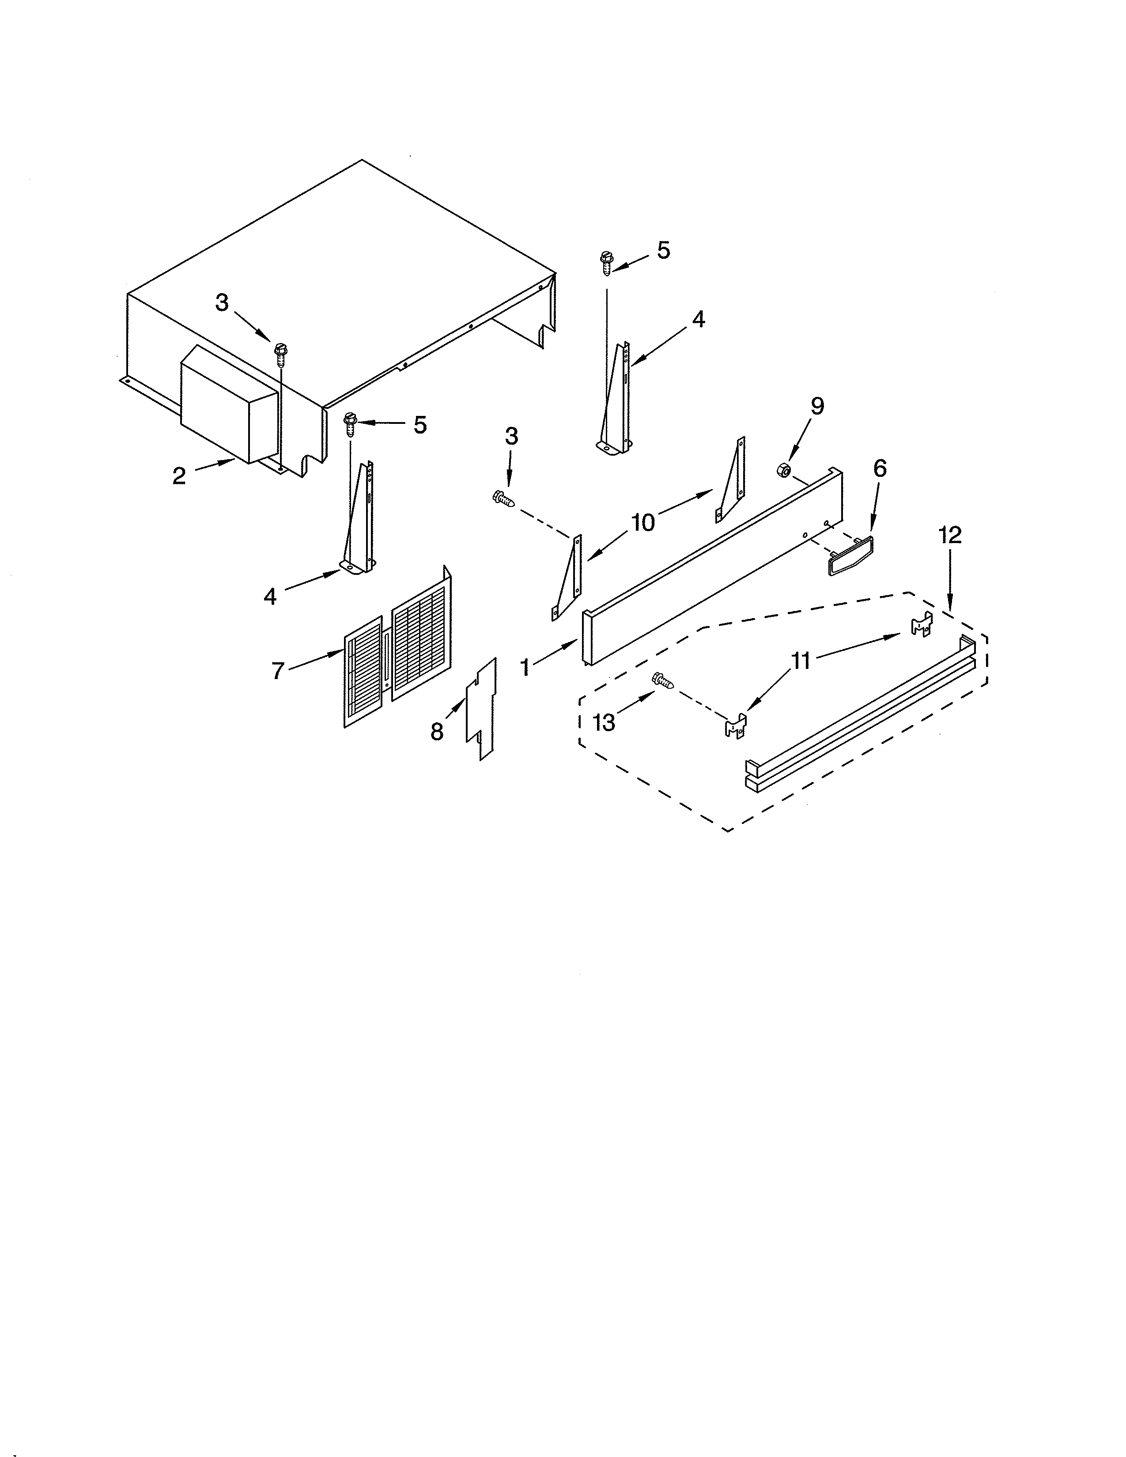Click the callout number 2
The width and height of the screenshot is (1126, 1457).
[179, 476]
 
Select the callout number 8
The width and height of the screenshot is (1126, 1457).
[437, 732]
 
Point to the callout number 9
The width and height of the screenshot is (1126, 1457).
[817, 406]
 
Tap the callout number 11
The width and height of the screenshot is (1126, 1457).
[801, 661]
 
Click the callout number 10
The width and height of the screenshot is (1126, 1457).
[643, 522]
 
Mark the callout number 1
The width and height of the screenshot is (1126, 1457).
[525, 666]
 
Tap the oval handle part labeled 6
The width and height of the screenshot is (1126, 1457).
[850, 552]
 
